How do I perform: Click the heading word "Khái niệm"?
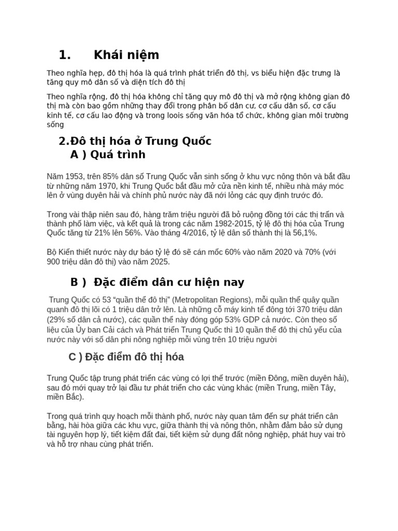point(126,55)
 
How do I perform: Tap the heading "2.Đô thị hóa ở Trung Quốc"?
point(135,142)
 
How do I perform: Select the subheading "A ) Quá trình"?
point(108,155)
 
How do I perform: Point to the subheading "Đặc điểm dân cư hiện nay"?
point(169,283)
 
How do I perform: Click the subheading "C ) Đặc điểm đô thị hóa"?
point(126,357)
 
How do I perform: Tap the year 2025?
point(160,262)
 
